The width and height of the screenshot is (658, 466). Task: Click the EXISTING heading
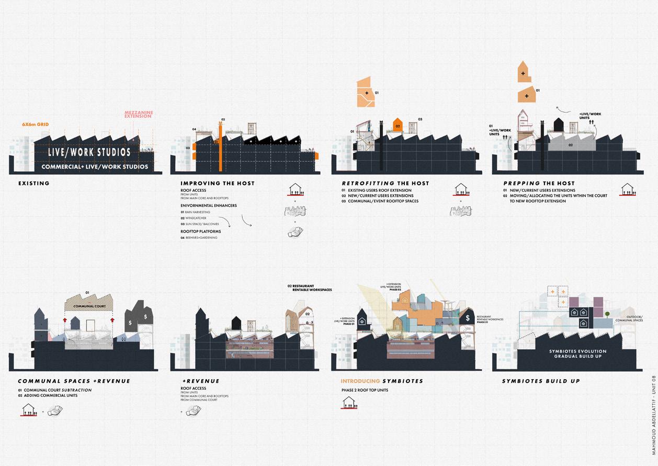[33, 183]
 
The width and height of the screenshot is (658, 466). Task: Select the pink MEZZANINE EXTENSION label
[138, 114]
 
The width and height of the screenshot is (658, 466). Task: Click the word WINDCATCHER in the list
[196, 218]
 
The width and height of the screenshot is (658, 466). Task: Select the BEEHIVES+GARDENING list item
[201, 238]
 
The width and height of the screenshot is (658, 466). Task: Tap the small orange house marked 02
[398, 126]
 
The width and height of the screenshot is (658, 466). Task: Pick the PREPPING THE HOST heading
[531, 183]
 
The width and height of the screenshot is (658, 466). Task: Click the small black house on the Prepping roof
[559, 124]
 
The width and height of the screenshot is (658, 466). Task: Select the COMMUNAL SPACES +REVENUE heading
[74, 381]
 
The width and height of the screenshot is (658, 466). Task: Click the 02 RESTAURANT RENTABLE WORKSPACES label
[309, 288]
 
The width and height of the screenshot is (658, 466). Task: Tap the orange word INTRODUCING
[360, 381]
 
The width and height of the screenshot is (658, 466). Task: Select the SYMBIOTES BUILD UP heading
[541, 381]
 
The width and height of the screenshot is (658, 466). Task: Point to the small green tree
[607, 314]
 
